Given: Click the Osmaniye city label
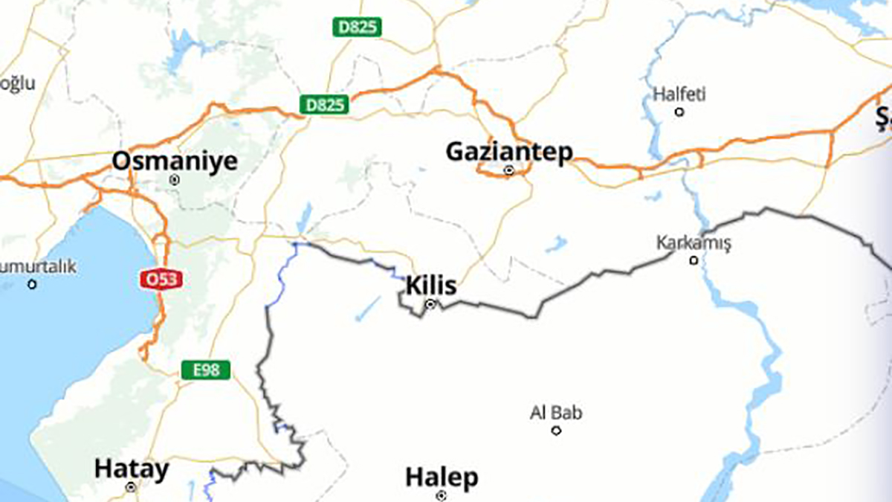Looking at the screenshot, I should click(175, 161).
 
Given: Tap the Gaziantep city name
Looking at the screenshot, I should click(509, 152).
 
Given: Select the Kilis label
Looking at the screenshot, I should click(431, 286).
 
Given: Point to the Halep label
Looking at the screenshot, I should click(442, 477).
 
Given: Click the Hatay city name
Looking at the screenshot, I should click(132, 469).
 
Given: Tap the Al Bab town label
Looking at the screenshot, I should click(556, 412).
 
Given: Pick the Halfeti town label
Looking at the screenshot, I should click(679, 94).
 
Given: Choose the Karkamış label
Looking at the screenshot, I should click(694, 242).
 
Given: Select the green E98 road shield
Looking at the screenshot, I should click(206, 369).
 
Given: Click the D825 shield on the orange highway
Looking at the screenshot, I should click(325, 105).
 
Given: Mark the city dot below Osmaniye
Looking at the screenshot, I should click(175, 179).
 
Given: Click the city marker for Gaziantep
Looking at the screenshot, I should click(509, 170).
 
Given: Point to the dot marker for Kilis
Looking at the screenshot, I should click(430, 304).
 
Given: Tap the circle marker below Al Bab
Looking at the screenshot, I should click(556, 430).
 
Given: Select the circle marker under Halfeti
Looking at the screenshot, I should click(679, 112).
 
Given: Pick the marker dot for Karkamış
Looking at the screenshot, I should click(694, 260).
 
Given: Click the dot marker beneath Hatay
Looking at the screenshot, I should click(132, 487).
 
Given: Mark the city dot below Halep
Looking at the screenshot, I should click(442, 495).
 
